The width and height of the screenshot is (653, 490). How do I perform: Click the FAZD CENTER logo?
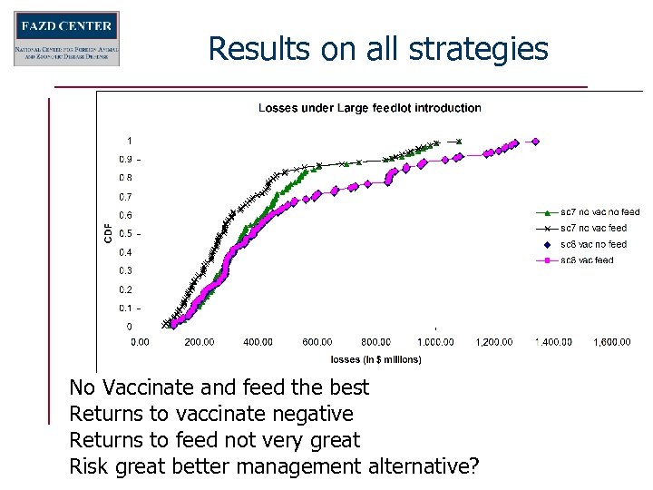point(66,38)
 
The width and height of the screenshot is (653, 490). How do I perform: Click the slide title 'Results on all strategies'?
point(378,48)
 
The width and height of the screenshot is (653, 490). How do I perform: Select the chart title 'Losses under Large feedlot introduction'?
point(369,108)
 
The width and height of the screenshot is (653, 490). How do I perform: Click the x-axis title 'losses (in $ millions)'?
point(375,359)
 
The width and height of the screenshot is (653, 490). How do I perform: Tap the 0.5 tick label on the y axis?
point(128,234)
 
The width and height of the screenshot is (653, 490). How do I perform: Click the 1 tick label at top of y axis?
point(129,141)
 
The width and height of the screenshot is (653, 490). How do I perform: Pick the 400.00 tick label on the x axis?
point(258,342)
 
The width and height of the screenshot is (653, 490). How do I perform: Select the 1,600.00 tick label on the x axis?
point(613,342)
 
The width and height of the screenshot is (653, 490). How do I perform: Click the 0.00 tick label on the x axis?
point(141,342)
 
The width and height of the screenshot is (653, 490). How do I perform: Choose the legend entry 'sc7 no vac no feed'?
point(599,212)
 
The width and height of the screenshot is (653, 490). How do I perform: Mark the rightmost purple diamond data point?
point(535,141)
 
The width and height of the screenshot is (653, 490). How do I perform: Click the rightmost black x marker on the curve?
point(459,141)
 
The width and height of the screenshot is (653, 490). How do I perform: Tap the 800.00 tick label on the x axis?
point(375,342)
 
